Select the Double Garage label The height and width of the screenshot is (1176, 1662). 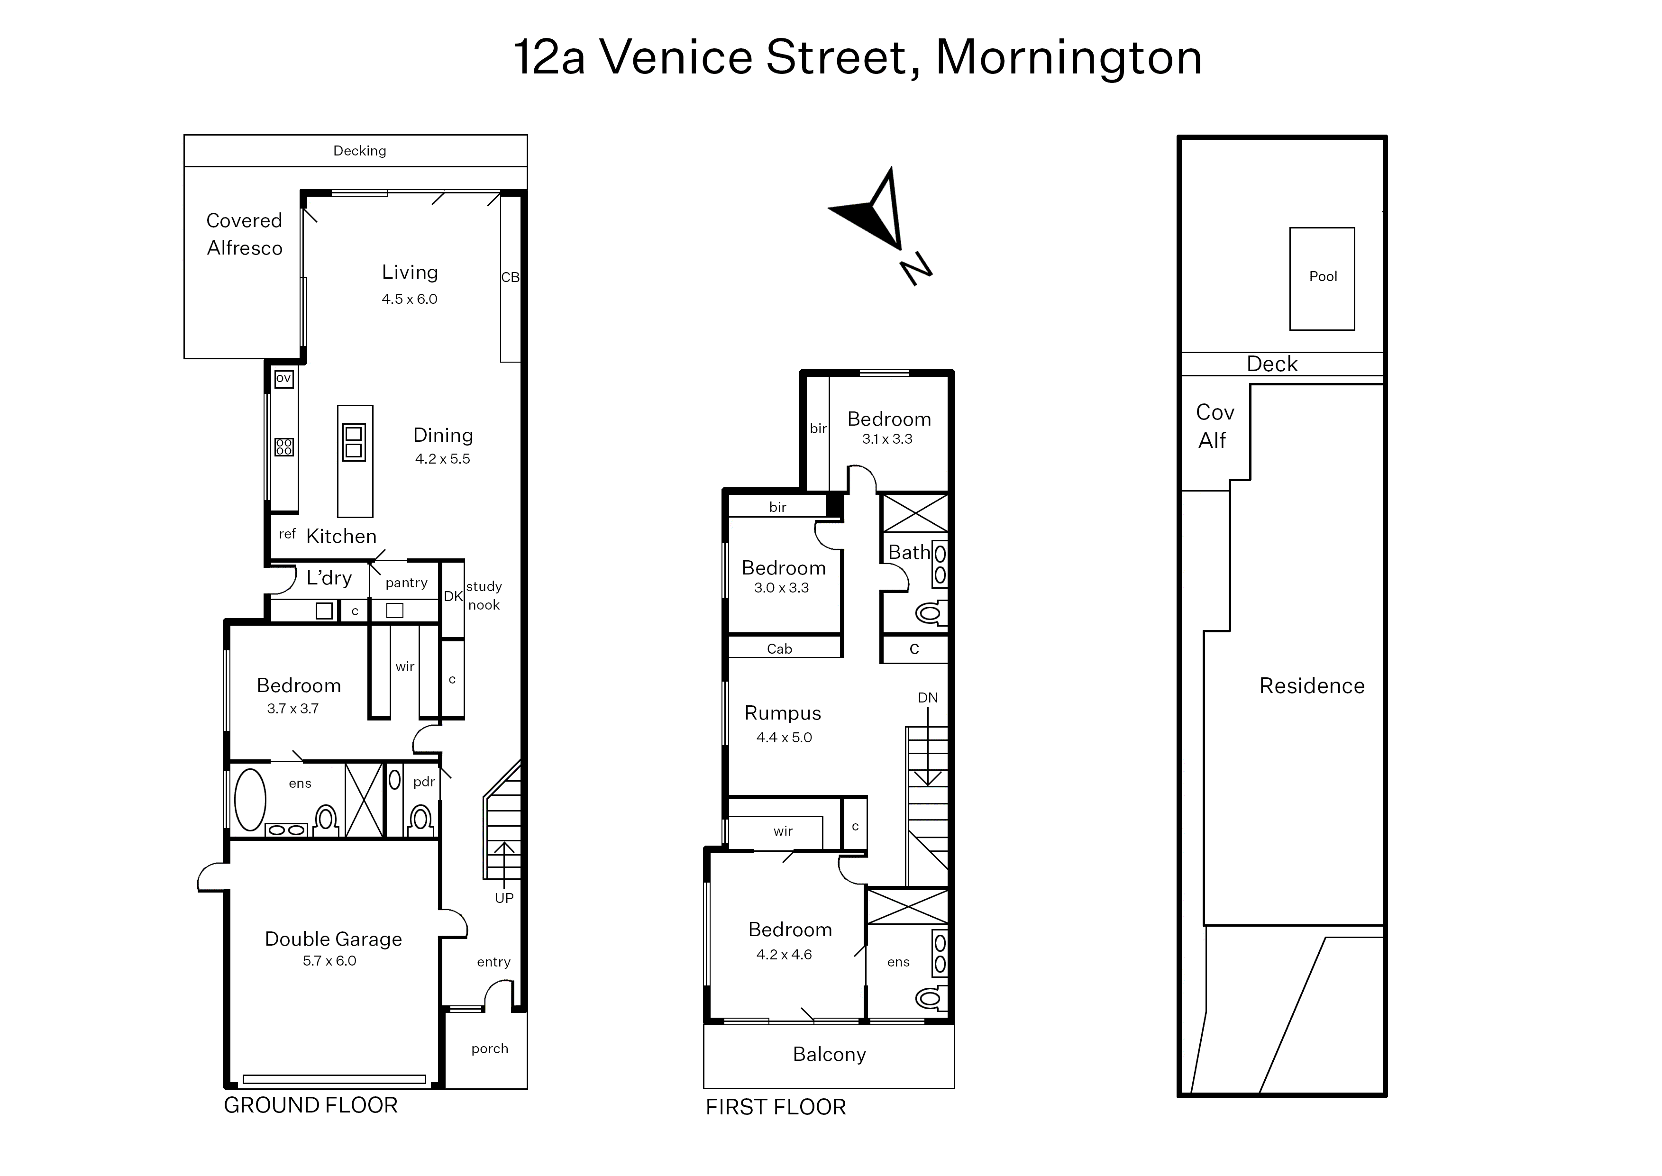point(333,939)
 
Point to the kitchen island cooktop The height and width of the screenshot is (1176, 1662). point(354,441)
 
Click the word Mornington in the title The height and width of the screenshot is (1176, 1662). point(1069,58)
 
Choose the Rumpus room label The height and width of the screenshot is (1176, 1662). point(783,713)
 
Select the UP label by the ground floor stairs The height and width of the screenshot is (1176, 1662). point(504,898)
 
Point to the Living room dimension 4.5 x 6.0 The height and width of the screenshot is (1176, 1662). point(410,299)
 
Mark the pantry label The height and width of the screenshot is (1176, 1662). point(406,583)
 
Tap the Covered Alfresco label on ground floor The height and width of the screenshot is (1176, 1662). point(244,234)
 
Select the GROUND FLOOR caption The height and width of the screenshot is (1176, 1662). point(310,1105)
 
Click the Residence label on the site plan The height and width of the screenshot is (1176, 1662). point(1312,686)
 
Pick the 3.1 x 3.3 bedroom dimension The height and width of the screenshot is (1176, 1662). point(887,439)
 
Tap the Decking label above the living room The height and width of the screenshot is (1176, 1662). point(359,151)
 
